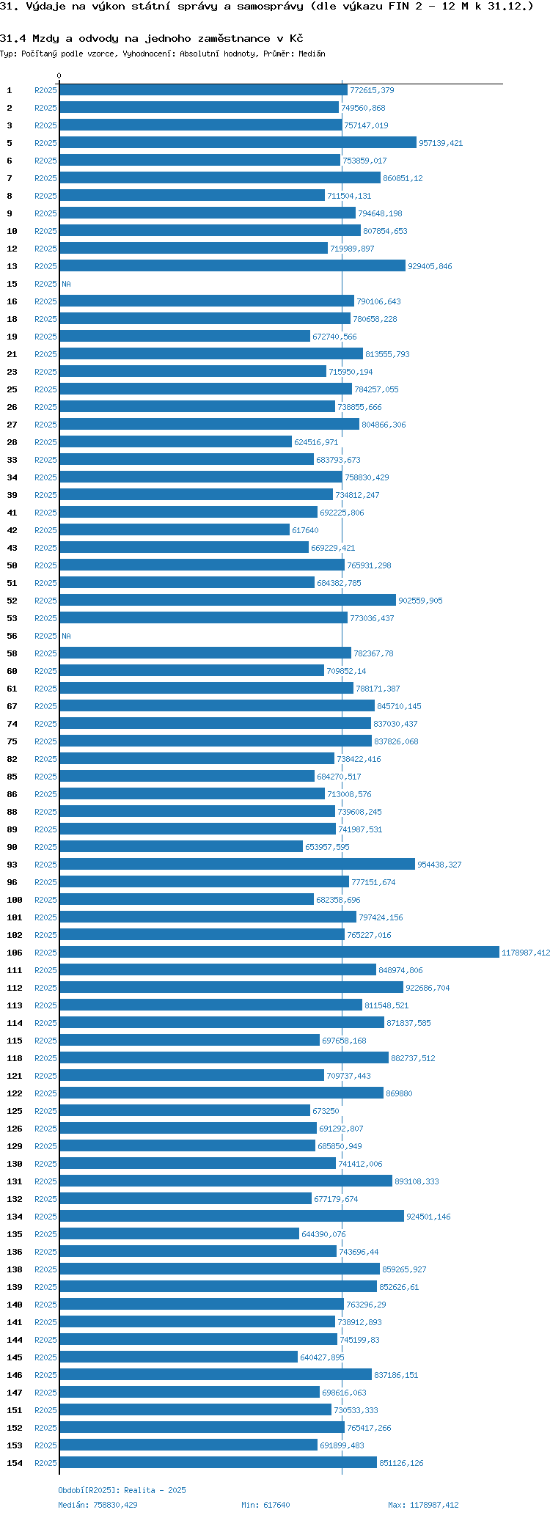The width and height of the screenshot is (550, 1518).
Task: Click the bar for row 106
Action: point(279,952)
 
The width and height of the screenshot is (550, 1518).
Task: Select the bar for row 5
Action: point(238,143)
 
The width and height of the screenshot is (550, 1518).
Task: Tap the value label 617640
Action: point(305,530)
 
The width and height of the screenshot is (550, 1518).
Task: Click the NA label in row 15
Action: point(66,284)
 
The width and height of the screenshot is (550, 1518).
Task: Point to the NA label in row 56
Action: point(66,636)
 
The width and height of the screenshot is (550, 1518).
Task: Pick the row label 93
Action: point(12,865)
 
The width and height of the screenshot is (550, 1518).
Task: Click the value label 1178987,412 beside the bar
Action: point(525,953)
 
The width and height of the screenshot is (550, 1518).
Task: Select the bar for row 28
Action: point(175,441)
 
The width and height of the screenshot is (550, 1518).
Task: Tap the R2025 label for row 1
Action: point(45,90)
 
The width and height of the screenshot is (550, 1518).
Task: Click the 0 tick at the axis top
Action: point(59,76)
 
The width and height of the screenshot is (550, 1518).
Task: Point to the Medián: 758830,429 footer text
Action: point(98,1505)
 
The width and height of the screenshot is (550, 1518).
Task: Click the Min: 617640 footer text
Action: point(265,1505)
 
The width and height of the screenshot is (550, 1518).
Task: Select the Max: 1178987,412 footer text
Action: point(423,1505)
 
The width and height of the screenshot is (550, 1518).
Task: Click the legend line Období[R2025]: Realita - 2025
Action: point(122,1490)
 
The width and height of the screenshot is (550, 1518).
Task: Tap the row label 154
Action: point(15,1463)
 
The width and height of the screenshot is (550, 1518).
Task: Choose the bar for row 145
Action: point(178,1357)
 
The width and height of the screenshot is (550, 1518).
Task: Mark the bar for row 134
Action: point(232,1216)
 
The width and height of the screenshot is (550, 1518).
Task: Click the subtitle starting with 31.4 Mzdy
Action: point(152,38)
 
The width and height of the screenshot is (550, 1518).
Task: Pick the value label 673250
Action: point(326,1111)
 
